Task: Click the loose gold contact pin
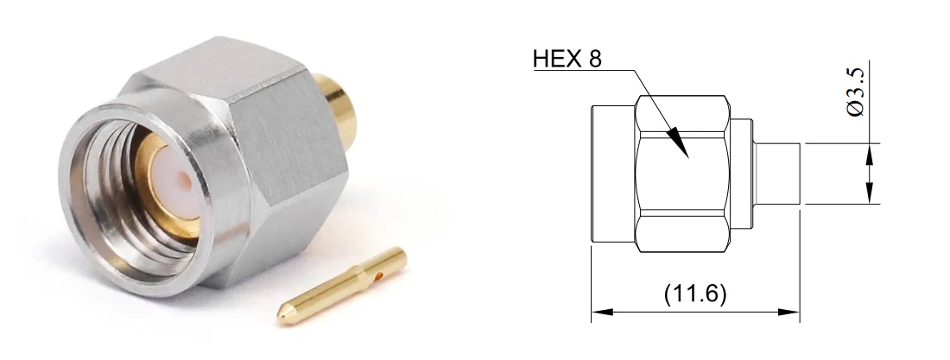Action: coord(342,285)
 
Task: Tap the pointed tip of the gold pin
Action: coord(279,316)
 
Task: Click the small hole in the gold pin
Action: coord(378,278)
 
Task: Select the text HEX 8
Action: coord(567,59)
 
